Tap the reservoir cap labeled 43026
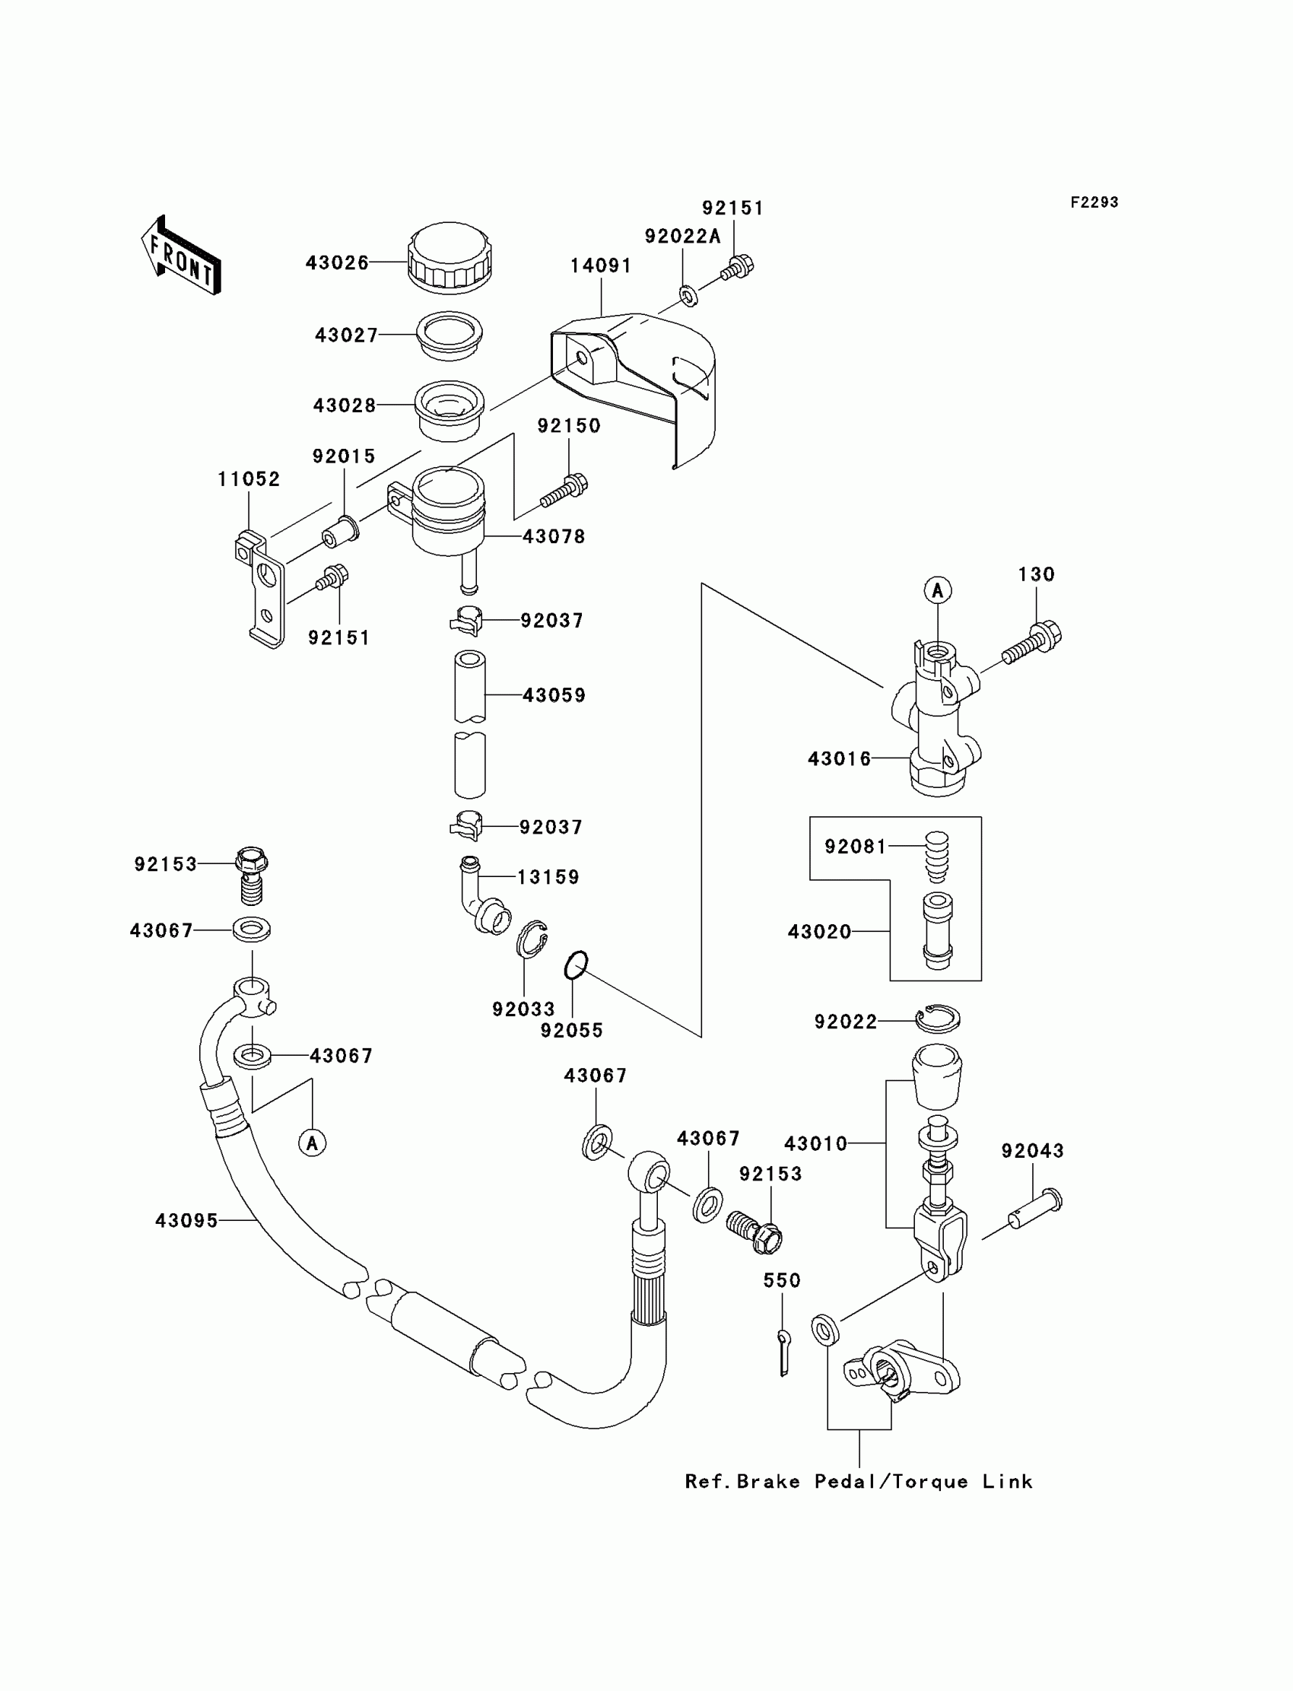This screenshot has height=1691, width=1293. point(450,258)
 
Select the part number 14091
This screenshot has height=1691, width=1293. point(601,265)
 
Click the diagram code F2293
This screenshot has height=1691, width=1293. point(1094,202)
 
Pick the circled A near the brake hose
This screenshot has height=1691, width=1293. point(313,1143)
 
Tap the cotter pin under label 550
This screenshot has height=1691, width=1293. point(783,1351)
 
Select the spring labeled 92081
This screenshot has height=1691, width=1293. point(936,856)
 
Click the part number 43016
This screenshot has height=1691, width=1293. point(840,759)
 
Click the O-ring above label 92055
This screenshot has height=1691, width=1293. point(576,966)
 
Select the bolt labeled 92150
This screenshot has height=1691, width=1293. point(564,491)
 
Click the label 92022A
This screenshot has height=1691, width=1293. point(683,237)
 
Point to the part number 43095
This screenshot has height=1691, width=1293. point(187,1221)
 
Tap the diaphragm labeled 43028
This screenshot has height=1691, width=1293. point(450,410)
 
